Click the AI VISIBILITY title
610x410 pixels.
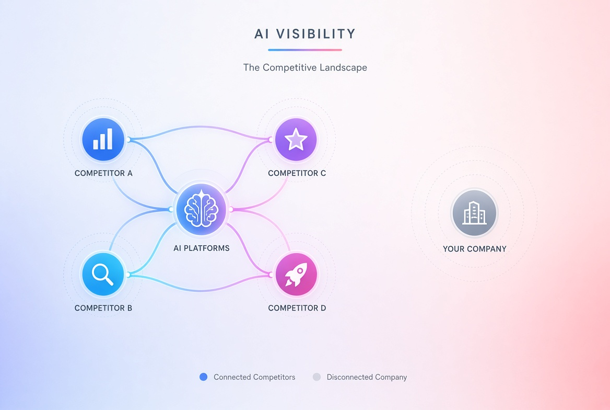305,34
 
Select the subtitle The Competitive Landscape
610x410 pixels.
305,67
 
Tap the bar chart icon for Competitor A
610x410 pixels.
103,139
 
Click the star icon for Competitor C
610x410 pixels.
296,139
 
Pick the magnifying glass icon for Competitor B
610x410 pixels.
103,274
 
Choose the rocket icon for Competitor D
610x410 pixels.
296,274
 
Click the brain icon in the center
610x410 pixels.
201,209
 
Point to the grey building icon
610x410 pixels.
474,213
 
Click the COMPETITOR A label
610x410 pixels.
103,173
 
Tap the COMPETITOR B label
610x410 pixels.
103,308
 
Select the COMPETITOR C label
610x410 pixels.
297,173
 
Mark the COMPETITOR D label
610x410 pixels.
297,308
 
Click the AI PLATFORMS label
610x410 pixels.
202,248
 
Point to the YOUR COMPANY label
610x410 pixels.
475,249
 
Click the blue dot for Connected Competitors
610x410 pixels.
204,377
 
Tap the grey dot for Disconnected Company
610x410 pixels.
316,377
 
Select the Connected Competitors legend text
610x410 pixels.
254,377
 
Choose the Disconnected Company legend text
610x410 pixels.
367,377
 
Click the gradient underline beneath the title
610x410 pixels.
305,50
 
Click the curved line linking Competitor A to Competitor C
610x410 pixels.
200,127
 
